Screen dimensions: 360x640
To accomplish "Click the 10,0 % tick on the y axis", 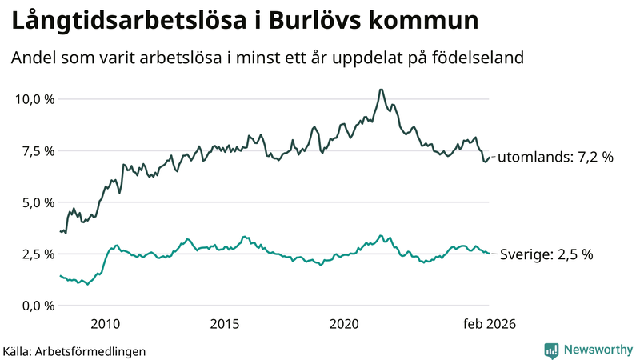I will (x=33, y=99).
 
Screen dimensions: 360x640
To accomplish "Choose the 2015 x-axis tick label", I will (x=225, y=324).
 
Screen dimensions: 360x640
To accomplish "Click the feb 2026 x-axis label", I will (x=489, y=324).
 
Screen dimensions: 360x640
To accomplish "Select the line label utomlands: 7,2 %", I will (x=555, y=158).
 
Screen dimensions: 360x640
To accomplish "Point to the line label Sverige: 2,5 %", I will (x=546, y=254).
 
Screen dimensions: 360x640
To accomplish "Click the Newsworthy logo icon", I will (x=551, y=350).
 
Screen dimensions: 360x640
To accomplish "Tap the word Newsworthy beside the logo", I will (x=598, y=350).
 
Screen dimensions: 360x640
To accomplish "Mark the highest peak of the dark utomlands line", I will (x=381, y=90).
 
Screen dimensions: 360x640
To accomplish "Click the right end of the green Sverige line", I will (x=489, y=254).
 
